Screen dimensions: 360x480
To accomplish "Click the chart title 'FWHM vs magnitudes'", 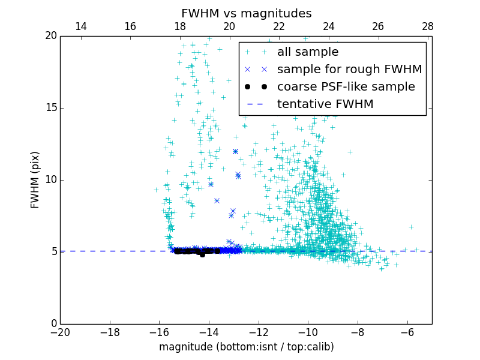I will click(246, 13).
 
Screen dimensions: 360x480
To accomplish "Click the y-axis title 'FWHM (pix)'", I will click(35, 179).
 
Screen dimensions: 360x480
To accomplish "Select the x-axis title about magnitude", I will click(246, 347).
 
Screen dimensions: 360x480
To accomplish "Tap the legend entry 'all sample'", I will click(307, 52).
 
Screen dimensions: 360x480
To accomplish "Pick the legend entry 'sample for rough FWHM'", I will click(349, 70).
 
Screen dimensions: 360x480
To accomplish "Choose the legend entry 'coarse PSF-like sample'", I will click(346, 87).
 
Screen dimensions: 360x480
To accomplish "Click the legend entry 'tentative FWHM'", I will click(325, 104).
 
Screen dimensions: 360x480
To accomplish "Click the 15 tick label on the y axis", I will click(50, 108).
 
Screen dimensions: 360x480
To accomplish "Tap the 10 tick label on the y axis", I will click(50, 180).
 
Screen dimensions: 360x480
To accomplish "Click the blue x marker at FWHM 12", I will click(235, 151).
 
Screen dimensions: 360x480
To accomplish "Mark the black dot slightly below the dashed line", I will click(202, 254).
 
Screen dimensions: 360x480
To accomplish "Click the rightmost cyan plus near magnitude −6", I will click(411, 227).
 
